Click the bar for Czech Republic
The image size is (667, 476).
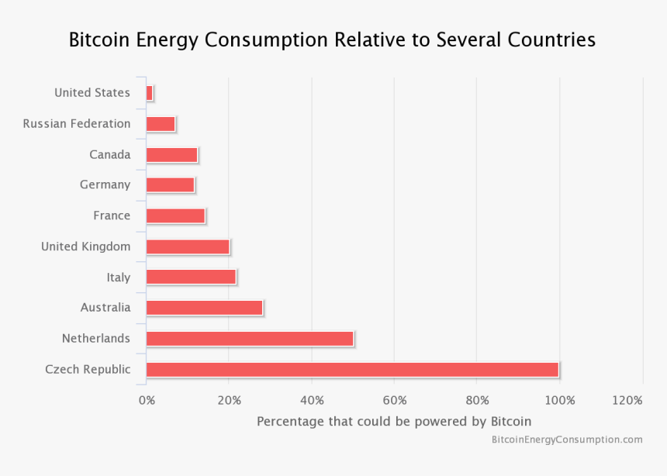(352, 370)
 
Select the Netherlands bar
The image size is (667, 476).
(250, 339)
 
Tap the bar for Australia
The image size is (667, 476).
(204, 308)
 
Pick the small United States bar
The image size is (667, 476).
(150, 93)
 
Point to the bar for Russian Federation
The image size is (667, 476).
(161, 124)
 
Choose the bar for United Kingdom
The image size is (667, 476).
(188, 247)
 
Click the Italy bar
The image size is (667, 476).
(191, 277)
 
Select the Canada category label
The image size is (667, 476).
(110, 154)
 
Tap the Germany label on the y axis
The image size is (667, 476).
(105, 185)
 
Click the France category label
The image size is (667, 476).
(112, 216)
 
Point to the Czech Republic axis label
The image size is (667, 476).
(88, 369)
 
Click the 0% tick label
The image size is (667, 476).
(147, 400)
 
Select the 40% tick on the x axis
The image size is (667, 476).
(312, 400)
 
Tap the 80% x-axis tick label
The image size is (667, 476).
(477, 400)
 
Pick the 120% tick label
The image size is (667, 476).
(627, 400)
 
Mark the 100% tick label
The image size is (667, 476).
(560, 400)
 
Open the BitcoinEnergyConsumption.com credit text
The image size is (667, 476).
(567, 440)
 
